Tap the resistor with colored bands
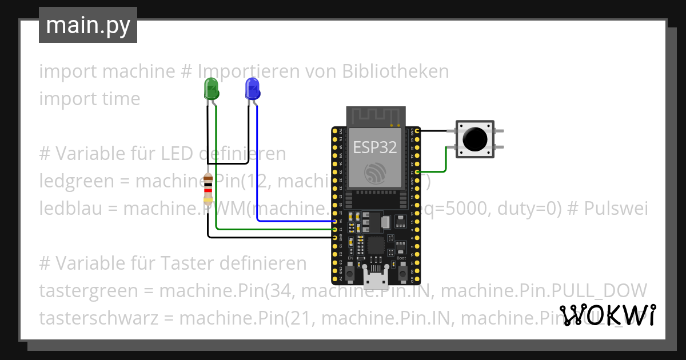[208, 190]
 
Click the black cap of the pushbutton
[474, 138]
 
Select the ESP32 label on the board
[374, 147]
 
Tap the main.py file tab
[88, 25]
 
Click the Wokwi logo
[607, 315]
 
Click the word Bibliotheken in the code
[395, 71]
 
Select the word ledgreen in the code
[76, 182]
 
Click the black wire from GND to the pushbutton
[438, 131]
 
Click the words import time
[90, 99]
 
